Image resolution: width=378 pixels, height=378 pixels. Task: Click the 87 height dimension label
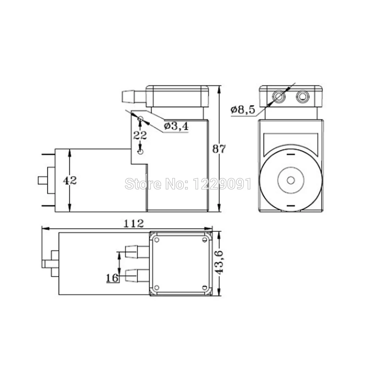[219, 149]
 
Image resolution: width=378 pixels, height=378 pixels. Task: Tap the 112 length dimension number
[133, 224]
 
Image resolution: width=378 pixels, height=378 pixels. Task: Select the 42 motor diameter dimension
[70, 180]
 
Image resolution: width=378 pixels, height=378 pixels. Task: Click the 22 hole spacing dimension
[140, 135]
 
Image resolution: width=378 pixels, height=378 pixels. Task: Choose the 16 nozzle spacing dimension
[112, 278]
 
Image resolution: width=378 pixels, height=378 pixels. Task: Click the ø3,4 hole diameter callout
[176, 126]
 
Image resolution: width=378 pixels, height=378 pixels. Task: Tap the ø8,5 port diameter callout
[243, 110]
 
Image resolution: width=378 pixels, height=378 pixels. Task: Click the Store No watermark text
[188, 184]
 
